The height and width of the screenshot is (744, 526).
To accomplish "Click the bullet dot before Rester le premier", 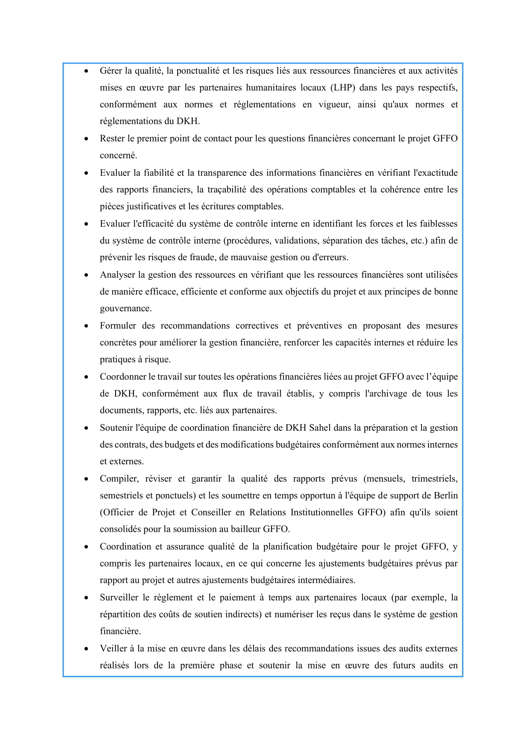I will [x=86, y=139].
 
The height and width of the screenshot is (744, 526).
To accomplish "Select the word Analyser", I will [x=117, y=275].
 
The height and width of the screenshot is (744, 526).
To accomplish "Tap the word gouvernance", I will [x=126, y=308].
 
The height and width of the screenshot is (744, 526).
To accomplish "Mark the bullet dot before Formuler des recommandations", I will [x=86, y=326].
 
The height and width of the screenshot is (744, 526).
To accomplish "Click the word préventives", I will [x=319, y=325].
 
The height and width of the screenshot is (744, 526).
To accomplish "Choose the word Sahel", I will [x=320, y=428].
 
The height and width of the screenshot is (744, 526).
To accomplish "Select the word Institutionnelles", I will [x=322, y=512].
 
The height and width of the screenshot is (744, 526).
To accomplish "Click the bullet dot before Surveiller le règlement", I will [x=86, y=598].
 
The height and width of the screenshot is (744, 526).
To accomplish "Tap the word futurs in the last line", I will [x=404, y=665].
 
